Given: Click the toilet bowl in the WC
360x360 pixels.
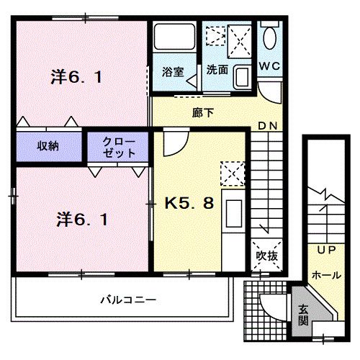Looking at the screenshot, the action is tap(269, 38).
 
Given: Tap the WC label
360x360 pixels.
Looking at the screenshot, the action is tap(270, 66).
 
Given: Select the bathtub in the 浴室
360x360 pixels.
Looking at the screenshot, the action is tap(174, 37).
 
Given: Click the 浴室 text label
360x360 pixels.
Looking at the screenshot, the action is tap(173, 72).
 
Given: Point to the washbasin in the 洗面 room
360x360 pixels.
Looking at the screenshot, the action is tap(242, 77).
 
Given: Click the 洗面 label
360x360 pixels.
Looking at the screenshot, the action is tap(217, 70).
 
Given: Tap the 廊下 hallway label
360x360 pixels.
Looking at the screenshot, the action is tap(203, 113).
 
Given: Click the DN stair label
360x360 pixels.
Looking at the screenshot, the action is tap(268, 126).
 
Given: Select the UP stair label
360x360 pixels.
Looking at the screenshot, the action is tap(326, 250).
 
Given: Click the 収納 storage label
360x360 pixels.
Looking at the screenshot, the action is tap(48, 145).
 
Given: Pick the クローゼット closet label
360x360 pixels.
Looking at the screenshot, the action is tap(119, 148).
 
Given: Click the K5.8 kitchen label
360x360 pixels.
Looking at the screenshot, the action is tap(189, 203).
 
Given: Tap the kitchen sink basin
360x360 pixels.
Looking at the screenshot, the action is tap(234, 213).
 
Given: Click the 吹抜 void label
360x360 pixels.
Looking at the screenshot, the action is tap(266, 256).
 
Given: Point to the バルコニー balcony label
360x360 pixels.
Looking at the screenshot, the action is tap(128, 300).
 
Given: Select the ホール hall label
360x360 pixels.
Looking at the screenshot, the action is tap(326, 275).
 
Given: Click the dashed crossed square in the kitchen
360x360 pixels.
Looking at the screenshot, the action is tap(233, 174).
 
